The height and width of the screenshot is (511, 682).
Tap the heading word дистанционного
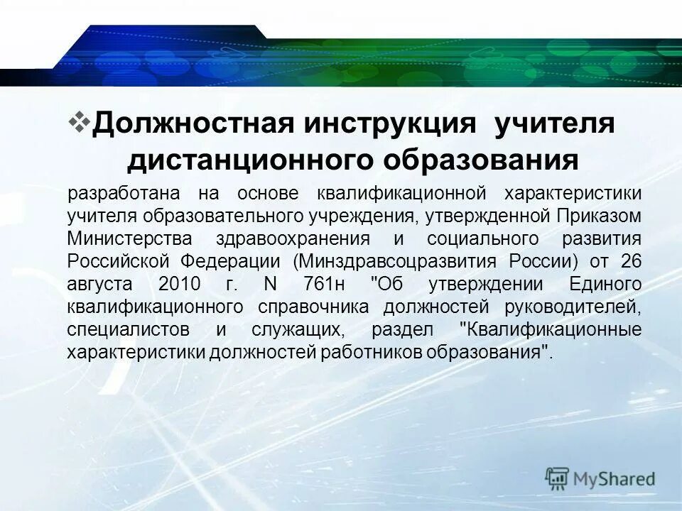pos(249,160)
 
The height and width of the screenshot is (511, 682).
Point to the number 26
pos(631,261)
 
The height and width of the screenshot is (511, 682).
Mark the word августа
pos(100,284)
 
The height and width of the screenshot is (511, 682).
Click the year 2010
pos(179,284)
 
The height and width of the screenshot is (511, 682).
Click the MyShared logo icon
pos(557,478)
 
